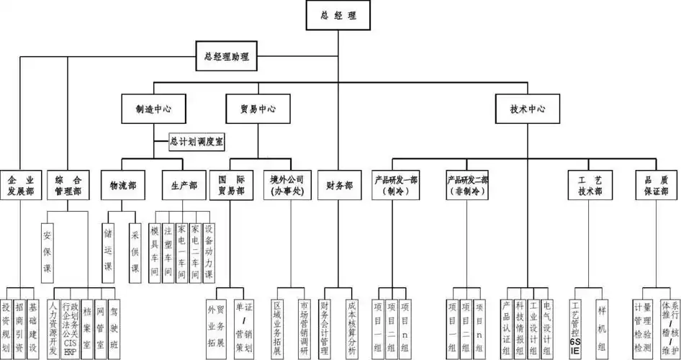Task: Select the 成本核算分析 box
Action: [x=351, y=324]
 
